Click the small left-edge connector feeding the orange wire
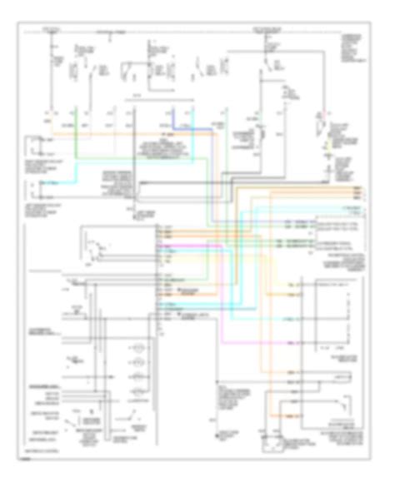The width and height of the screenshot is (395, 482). click(x=32, y=147)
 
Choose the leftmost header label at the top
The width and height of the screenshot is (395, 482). click(x=52, y=30)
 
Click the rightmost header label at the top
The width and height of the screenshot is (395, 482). click(x=267, y=30)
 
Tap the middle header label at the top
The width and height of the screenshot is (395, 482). click(x=117, y=30)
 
